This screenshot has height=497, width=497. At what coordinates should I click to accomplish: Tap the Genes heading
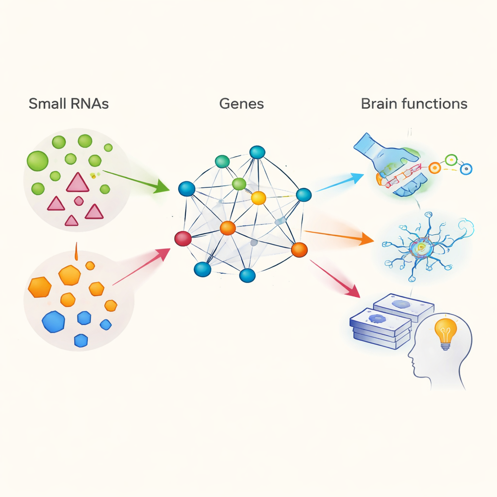click(x=242, y=104)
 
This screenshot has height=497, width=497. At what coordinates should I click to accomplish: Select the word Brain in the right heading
click(x=378, y=104)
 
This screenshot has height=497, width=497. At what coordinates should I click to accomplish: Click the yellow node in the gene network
click(x=259, y=198)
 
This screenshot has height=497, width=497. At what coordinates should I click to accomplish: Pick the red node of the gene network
click(x=183, y=238)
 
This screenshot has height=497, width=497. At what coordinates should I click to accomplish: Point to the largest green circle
click(x=37, y=161)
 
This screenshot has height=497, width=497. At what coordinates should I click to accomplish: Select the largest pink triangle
click(x=78, y=182)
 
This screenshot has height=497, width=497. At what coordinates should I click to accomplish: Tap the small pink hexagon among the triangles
click(x=78, y=200)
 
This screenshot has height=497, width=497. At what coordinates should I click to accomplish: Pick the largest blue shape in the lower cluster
click(x=53, y=321)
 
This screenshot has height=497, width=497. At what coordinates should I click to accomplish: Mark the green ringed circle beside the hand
click(x=451, y=160)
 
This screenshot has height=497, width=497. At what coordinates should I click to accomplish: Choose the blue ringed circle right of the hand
click(x=466, y=169)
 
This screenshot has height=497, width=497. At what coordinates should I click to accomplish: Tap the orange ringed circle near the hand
click(x=434, y=168)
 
